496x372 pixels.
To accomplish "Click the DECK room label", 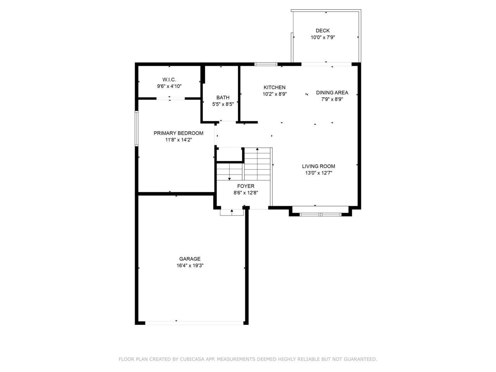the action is coord(322,31).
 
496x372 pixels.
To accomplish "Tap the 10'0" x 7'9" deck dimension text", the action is coord(323,37).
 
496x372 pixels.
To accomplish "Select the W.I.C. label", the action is coord(169,79).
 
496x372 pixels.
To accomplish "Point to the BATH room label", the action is coord(223,98).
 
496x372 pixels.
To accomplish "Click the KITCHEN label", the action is coord(275,88).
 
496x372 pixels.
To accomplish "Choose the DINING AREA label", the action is coord(332,93).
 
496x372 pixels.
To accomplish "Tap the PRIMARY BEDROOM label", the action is coord(179,133).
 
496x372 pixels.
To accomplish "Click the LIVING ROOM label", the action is coord(319,166).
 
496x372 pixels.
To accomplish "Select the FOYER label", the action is coord(246,186).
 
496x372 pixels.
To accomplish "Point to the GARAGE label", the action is coord(190,259).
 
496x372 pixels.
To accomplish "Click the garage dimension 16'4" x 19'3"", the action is coord(190,265).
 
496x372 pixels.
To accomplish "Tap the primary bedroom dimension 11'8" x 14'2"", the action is coord(179,140).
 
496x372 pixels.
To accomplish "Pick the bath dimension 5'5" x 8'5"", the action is coord(223,104).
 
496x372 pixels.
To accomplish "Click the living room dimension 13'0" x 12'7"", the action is coord(319,173).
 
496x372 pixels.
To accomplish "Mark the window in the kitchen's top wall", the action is coord(266,64).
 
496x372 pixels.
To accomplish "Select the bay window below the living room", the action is coord(320,214).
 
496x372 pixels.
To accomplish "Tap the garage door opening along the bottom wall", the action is coord(194,323).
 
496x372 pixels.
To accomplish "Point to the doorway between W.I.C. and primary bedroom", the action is coord(170,98).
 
